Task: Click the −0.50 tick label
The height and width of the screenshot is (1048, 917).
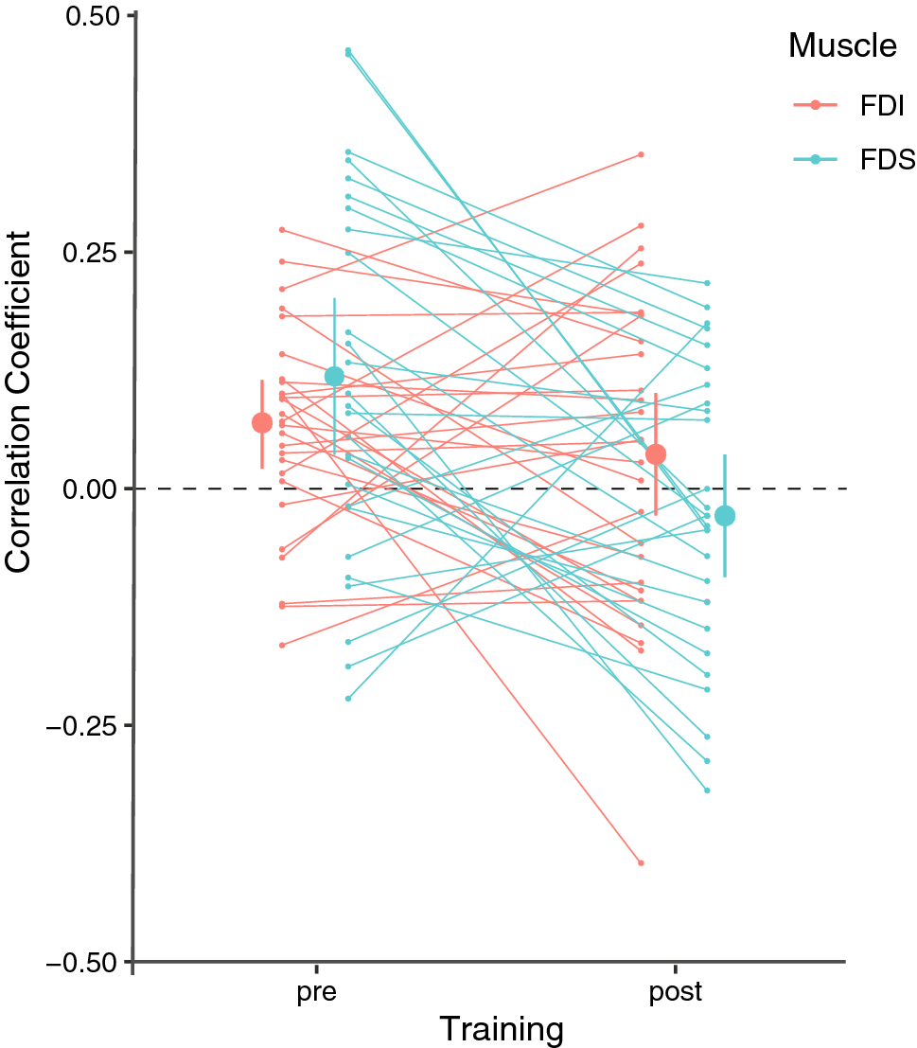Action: [x=84, y=962]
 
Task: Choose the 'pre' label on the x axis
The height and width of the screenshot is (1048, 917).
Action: [x=314, y=993]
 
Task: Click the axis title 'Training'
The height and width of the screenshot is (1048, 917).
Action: [x=502, y=1029]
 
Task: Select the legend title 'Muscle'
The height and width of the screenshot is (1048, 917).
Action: [x=842, y=45]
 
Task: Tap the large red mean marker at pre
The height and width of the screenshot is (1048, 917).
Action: [x=262, y=422]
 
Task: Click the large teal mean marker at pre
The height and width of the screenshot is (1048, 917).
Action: [x=334, y=376]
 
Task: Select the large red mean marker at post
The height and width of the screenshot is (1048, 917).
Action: [x=655, y=454]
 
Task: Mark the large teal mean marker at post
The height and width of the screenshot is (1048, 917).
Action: [x=725, y=516]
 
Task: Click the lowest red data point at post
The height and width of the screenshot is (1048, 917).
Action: [x=641, y=862]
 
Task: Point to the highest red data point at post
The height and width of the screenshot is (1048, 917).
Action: [x=641, y=154]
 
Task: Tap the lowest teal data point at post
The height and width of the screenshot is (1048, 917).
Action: [x=707, y=790]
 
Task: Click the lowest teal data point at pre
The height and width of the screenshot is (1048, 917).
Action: [x=348, y=698]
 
